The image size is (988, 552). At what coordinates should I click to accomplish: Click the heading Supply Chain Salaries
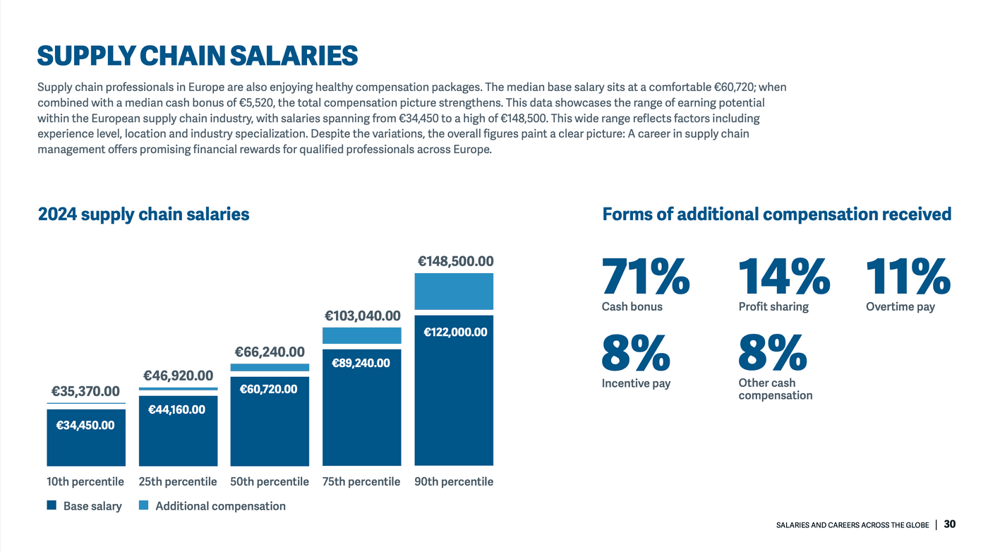point(197,56)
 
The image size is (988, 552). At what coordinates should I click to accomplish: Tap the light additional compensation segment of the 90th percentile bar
point(454,291)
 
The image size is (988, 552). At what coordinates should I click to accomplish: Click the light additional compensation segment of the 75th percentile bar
point(361,335)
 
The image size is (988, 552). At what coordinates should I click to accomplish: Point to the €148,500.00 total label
point(455,261)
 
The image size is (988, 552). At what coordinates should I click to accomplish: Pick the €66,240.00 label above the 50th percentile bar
point(270,352)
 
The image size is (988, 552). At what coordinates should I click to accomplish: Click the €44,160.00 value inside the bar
point(176,409)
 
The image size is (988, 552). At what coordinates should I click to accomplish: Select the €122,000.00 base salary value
point(454,332)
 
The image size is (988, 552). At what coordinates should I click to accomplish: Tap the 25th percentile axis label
point(178,481)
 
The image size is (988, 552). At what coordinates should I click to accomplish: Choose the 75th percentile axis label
point(361,481)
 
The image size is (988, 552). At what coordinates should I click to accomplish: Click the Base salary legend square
point(52,505)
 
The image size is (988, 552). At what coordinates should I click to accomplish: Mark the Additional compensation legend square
point(144,505)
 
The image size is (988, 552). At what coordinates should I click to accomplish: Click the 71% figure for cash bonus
point(645,277)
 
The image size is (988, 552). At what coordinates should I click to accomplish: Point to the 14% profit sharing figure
point(783,277)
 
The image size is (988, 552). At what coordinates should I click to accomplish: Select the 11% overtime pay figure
point(908,277)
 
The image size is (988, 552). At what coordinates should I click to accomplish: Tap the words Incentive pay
point(636,383)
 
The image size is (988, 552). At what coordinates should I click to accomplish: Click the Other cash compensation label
point(775,389)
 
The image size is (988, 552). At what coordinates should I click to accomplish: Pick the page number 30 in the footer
point(950,524)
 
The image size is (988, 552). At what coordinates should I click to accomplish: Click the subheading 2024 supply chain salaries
point(143,214)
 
